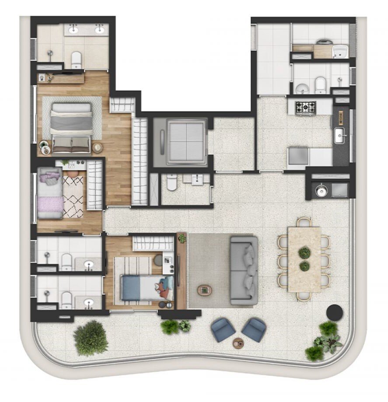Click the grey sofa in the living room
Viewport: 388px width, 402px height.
tap(243, 270)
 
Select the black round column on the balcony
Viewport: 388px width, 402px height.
tap(335, 311)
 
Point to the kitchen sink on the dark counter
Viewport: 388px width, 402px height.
tap(340, 136)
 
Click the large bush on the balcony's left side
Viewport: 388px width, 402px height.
tap(90, 338)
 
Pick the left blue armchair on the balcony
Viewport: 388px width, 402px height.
tap(223, 329)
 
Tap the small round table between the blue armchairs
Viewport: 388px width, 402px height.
tap(239, 343)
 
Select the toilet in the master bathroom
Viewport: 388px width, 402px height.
tap(77, 59)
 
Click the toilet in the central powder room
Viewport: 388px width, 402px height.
tap(171, 183)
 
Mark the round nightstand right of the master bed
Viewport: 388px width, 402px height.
tap(98, 148)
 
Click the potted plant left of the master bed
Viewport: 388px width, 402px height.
tap(44, 146)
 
